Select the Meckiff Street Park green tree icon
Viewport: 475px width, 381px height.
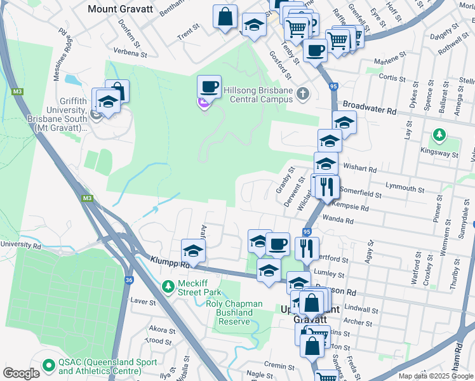(x=168, y=287)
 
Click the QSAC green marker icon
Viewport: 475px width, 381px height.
(x=49, y=366)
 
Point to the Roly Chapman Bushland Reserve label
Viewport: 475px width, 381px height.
(x=234, y=312)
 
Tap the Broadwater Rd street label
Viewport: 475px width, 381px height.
(x=370, y=108)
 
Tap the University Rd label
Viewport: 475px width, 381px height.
(x=21, y=244)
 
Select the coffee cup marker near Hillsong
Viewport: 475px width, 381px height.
(x=209, y=87)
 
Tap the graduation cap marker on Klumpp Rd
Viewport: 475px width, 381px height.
(x=194, y=250)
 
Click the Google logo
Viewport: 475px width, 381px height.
(x=21, y=373)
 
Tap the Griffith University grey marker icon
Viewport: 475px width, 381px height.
(x=97, y=115)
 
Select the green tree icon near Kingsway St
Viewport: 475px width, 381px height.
(x=438, y=135)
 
